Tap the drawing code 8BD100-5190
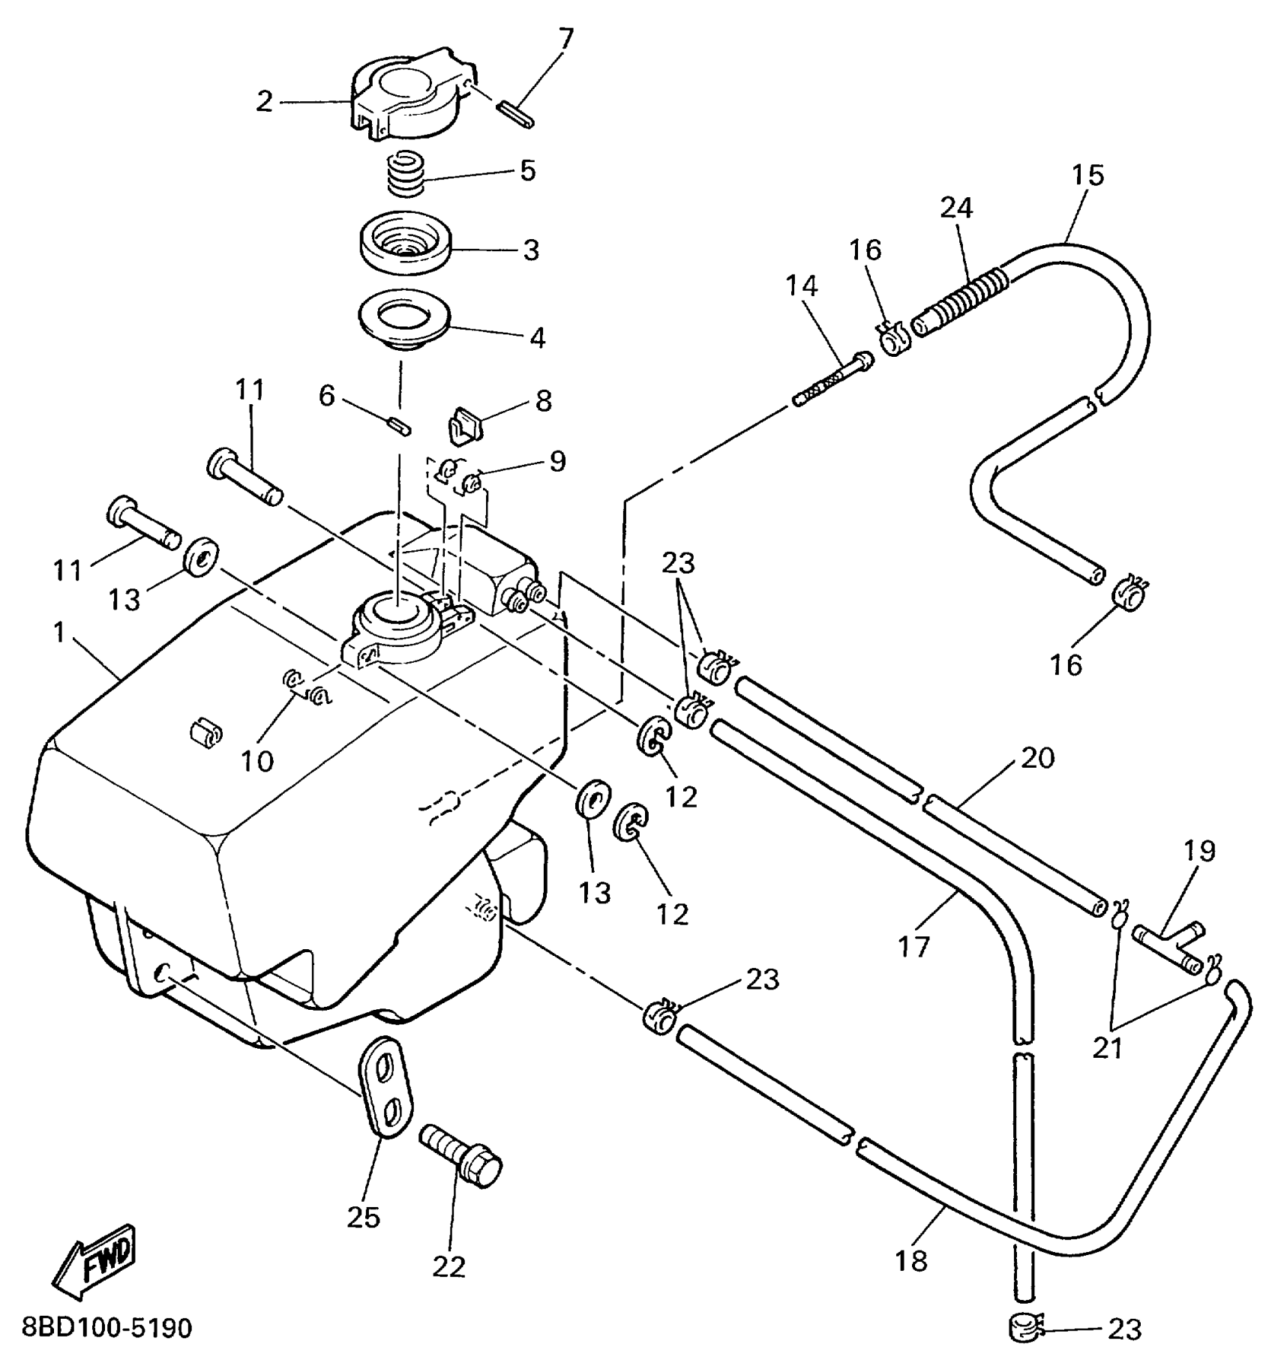point(107,1328)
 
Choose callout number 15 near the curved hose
point(1087,175)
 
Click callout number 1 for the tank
point(60,632)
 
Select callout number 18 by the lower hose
point(911,1260)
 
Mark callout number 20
point(1037,759)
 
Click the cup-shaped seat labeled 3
point(406,247)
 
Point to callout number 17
point(913,946)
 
